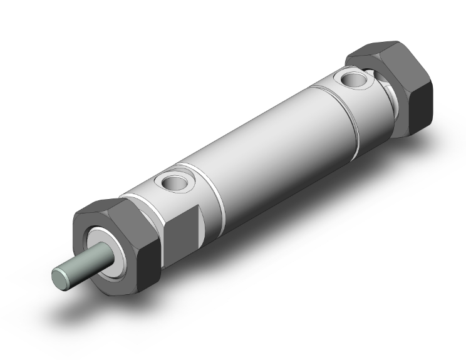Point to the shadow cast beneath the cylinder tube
313,207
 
